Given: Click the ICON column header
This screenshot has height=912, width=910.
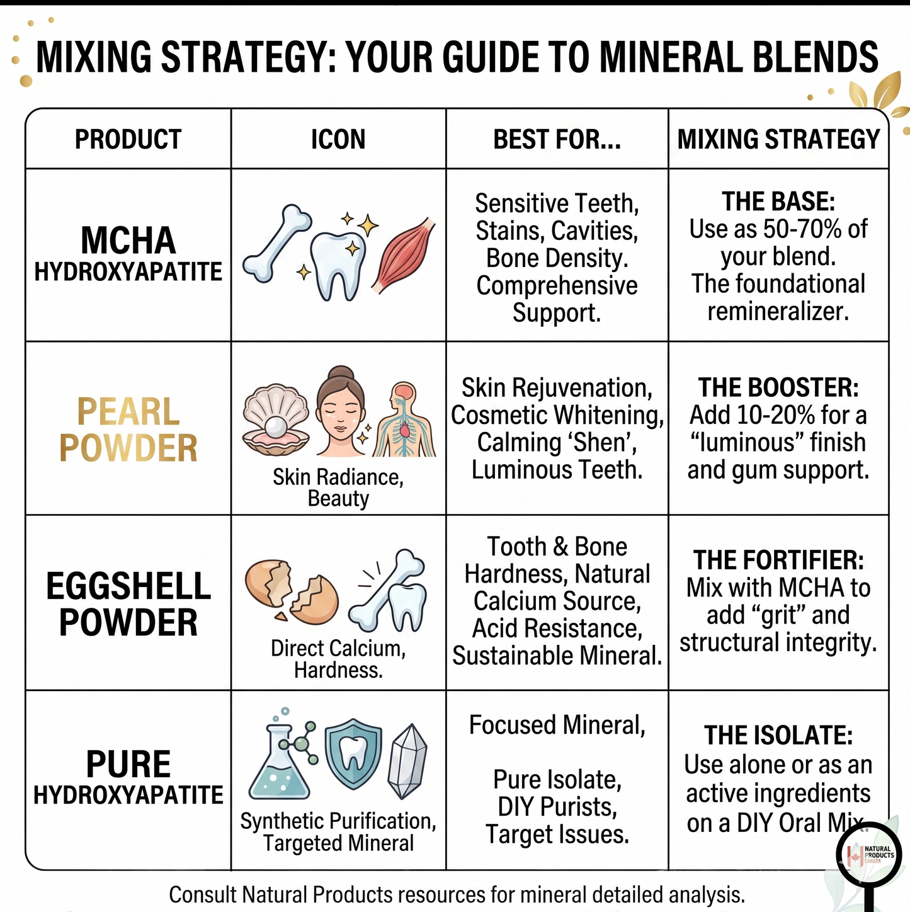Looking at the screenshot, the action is (338, 139).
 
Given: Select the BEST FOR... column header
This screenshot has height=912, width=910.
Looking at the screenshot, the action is (557, 139).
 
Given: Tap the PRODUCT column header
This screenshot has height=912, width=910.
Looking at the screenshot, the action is (128, 139).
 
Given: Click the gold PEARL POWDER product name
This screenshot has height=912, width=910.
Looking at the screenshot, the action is (128, 430).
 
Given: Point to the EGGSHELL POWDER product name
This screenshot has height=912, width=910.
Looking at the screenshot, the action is (128, 604).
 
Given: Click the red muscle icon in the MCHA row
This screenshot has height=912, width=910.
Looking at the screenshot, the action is (404, 256).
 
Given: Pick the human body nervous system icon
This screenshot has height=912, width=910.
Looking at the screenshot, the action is (404, 419).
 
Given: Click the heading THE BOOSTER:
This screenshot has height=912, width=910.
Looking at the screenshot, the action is (778, 387).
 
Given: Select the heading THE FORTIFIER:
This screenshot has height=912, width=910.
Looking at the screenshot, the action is (778, 560).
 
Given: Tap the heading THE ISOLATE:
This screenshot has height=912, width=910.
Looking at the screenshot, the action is (778, 735).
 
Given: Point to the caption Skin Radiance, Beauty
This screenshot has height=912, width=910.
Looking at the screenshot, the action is (338, 487).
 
